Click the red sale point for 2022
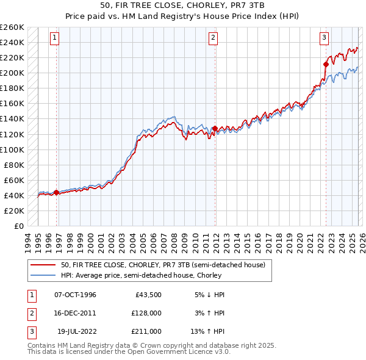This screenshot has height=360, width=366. [326, 63]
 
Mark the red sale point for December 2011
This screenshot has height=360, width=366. [215, 128]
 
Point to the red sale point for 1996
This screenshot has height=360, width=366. [57, 193]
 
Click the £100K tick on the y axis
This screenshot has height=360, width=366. [12, 149]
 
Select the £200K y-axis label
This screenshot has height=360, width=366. [12, 73]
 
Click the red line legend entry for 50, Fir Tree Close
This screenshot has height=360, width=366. [162, 265]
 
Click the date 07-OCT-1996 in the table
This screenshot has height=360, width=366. [75, 295]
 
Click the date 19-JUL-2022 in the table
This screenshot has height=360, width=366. [76, 331]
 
